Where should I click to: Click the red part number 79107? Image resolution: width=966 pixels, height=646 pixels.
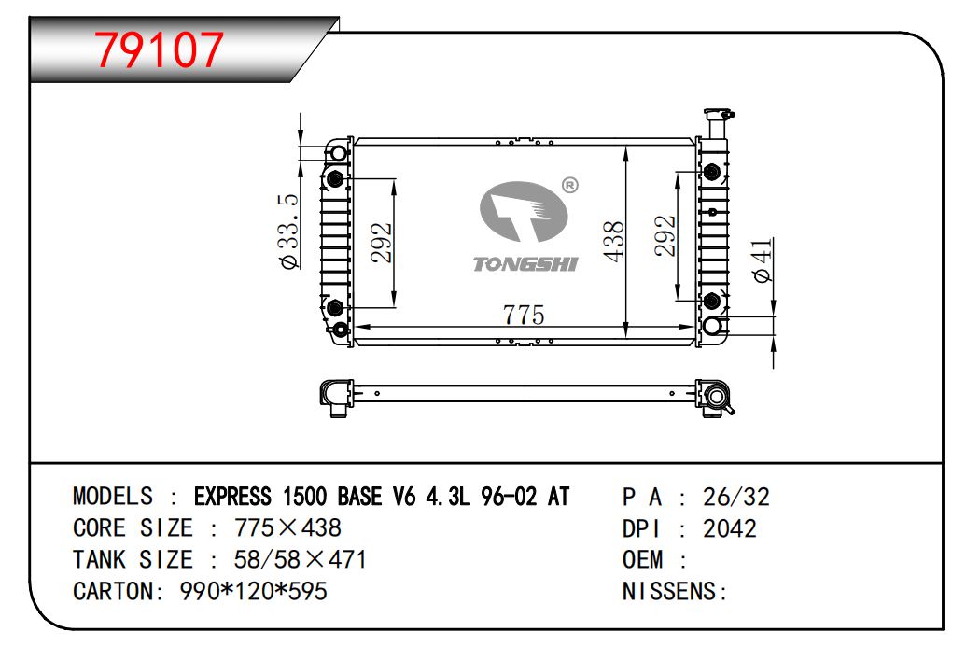point(159,49)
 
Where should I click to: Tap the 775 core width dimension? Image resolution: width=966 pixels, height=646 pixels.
point(524,315)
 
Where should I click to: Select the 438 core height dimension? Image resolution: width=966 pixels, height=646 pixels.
point(613,242)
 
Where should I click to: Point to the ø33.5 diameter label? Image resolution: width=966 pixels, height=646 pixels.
point(289,232)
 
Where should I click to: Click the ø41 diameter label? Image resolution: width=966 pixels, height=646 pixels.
point(763,260)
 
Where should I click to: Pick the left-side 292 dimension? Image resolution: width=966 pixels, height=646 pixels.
point(382,243)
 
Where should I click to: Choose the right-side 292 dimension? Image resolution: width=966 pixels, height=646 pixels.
point(665,235)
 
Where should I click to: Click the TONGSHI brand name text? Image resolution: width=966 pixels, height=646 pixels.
point(525,264)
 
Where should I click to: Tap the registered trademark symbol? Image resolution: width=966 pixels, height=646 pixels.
point(570,185)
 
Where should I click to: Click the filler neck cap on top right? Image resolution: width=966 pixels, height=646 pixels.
point(719,115)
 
